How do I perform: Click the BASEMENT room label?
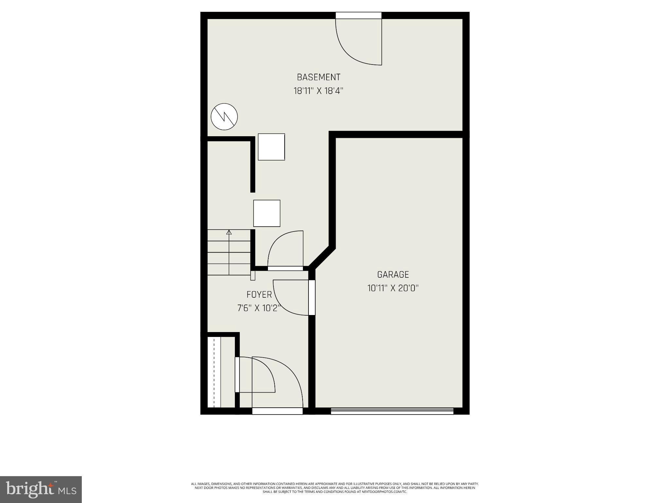[318, 77]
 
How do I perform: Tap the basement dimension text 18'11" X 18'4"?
[318, 91]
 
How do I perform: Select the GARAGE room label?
[393, 274]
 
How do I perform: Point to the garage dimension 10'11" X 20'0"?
[393, 288]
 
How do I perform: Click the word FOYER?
[259, 295]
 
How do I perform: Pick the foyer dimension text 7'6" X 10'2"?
[259, 308]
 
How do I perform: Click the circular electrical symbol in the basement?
[224, 117]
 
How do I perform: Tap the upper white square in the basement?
[271, 147]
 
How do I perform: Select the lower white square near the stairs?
[267, 213]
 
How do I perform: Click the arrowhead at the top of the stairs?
[229, 233]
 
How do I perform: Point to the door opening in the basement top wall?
[359, 15]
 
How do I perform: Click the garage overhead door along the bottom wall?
[392, 411]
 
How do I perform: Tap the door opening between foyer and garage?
[312, 297]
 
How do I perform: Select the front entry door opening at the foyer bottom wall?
[277, 411]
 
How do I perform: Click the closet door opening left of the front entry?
[237, 374]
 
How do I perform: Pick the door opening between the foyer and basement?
[285, 269]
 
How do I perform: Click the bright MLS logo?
[41, 489]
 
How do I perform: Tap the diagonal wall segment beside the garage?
[322, 257]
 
